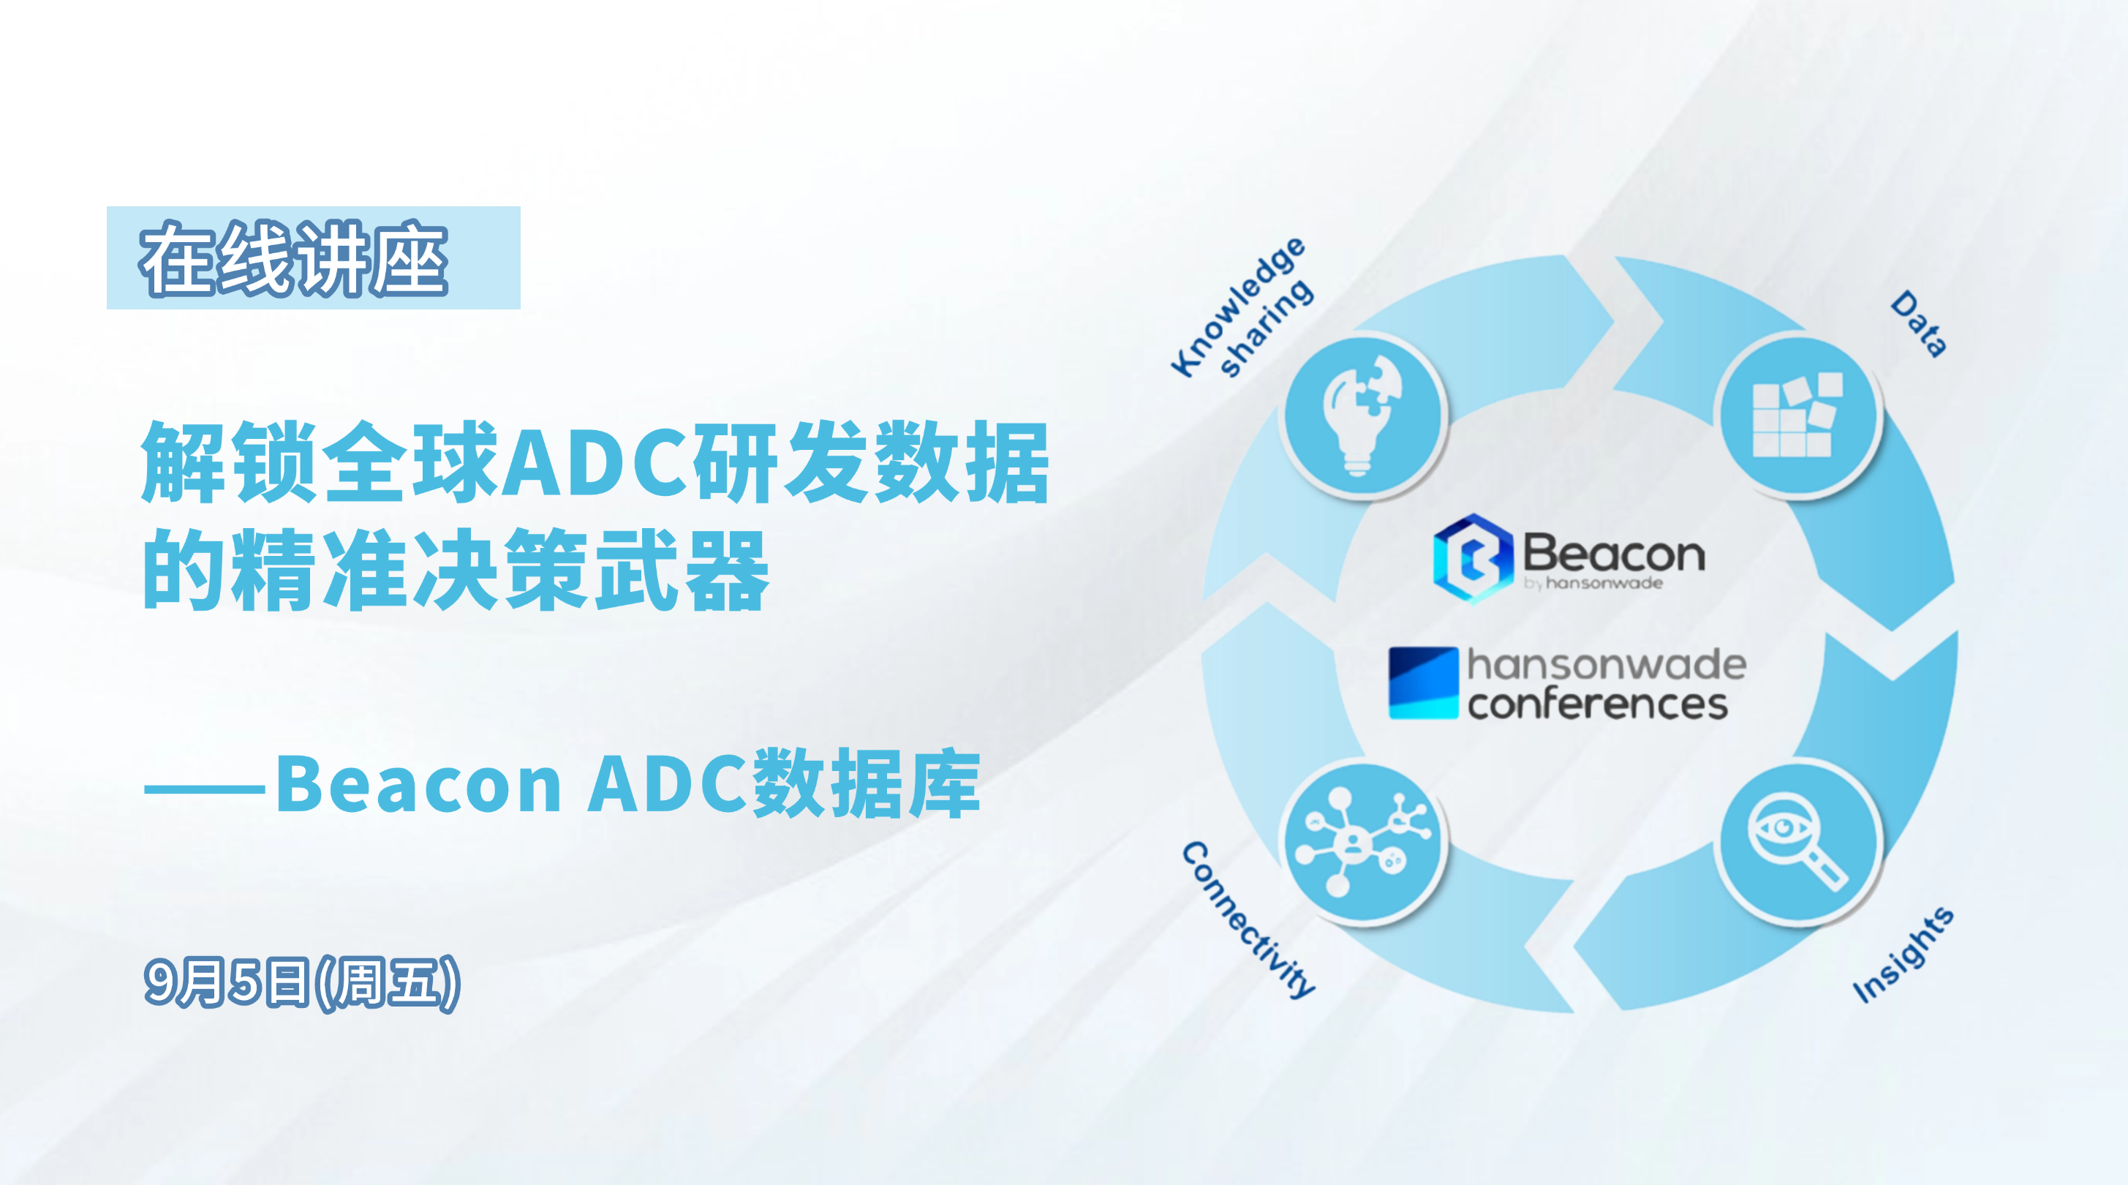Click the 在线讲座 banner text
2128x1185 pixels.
tap(294, 259)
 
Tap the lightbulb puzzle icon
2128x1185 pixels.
tap(1363, 415)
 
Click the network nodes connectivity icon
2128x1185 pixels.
tap(1362, 842)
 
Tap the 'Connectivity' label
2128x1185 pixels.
tap(1248, 919)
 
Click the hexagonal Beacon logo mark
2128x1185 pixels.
tap(1473, 558)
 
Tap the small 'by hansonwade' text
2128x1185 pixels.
tap(1593, 584)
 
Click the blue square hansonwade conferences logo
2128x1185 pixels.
tap(1423, 682)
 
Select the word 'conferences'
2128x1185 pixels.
tap(1598, 705)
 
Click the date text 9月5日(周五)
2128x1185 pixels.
tap(301, 982)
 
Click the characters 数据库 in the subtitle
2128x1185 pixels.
tap(867, 783)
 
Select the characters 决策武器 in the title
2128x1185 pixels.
tap(591, 569)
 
